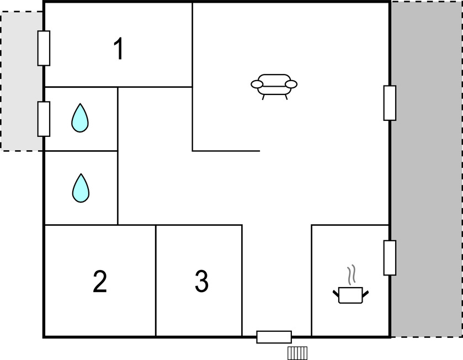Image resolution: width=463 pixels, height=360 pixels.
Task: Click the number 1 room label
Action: [x=119, y=49]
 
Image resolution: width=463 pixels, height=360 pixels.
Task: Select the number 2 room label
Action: [x=100, y=281]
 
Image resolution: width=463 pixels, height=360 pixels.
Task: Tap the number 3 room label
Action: [x=201, y=281]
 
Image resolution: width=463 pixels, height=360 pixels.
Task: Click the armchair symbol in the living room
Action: [x=274, y=87]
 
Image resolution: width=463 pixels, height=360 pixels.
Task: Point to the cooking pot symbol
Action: [x=350, y=295]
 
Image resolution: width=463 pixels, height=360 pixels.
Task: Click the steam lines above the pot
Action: [x=351, y=274]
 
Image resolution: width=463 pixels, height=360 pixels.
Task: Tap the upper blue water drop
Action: [x=79, y=118]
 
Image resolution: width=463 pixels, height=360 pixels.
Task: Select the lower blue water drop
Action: [x=81, y=188]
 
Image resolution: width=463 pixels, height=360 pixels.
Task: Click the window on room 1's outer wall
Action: [x=44, y=48]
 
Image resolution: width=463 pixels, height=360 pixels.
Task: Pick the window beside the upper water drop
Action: [x=44, y=119]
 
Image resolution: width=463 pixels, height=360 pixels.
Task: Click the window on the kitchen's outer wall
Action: [x=390, y=258]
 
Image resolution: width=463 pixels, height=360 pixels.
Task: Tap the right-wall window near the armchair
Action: [x=390, y=103]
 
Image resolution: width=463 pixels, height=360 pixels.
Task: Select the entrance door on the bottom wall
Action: [x=274, y=337]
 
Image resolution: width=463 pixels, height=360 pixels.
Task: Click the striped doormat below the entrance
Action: [x=297, y=353]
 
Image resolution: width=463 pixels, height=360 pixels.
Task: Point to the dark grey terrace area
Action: [x=427, y=169]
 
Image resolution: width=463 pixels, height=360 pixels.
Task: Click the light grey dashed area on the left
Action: [x=22, y=81]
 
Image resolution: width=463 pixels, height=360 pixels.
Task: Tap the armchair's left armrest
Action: [x=257, y=84]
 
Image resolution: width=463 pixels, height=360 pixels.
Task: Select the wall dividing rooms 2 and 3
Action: [x=156, y=280]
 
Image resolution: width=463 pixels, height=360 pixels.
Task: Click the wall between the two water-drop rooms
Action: [x=81, y=151]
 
